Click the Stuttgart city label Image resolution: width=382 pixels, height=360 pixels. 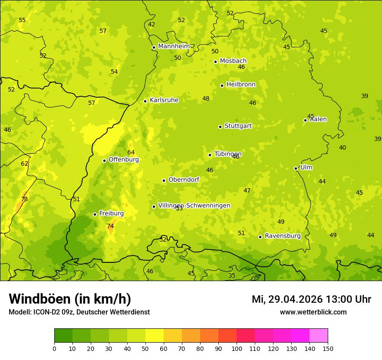(238, 126)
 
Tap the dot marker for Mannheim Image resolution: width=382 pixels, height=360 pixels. (154, 48)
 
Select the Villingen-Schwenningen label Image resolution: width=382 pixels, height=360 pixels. (194, 206)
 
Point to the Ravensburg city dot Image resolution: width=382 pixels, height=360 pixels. (260, 237)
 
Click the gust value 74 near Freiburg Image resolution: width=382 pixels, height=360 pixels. (110, 226)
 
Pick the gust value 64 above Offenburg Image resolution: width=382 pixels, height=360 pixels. (131, 152)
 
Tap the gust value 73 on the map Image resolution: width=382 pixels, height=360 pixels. (24, 199)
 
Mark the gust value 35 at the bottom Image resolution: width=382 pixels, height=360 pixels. (232, 275)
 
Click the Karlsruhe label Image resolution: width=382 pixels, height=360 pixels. (164, 100)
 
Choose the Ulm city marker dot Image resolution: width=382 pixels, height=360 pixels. (296, 168)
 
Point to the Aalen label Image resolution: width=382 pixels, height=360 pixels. (318, 119)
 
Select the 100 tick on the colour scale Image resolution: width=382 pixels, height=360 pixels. (237, 348)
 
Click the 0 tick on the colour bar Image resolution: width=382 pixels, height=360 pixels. (54, 348)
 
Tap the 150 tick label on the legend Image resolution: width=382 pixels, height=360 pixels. (328, 348)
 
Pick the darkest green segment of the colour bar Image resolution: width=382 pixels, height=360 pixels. (63, 336)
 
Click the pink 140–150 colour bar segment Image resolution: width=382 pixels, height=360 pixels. (319, 336)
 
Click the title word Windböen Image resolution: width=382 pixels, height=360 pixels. (40, 299)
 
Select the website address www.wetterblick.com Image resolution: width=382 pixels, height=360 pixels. (313, 312)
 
